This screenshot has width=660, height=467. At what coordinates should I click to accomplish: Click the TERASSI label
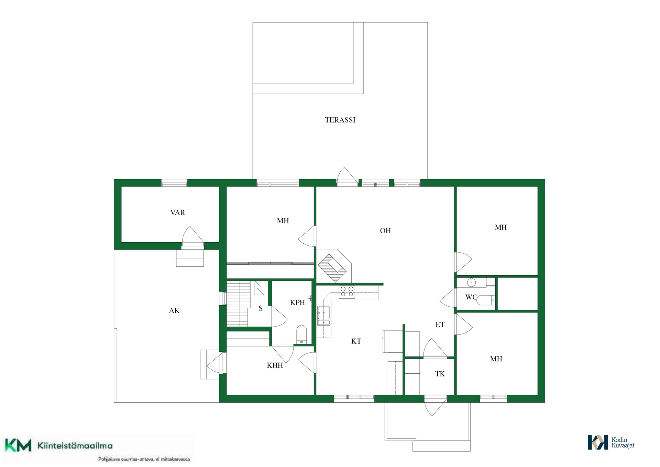point(340,120)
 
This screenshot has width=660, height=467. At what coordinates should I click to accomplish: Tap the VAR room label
point(177,213)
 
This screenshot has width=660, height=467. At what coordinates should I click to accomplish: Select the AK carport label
point(174,311)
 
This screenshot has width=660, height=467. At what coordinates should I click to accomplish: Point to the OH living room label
point(385,231)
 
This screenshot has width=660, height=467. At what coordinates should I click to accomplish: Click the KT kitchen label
point(356,341)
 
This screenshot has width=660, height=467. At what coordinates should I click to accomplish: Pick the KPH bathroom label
point(297,303)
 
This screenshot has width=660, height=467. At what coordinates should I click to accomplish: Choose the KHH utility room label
point(275,365)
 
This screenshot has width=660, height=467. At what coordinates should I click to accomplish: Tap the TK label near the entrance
point(440,374)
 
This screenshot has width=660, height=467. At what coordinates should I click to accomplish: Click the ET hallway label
point(440,325)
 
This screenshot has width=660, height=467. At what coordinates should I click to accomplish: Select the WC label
point(471,297)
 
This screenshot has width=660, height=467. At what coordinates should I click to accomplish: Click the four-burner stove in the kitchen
point(347,292)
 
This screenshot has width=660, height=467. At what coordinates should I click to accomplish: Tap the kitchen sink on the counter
point(323,316)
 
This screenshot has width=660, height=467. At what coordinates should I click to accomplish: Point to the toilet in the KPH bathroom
point(301,334)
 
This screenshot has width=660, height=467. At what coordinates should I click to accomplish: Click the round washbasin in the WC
point(471,283)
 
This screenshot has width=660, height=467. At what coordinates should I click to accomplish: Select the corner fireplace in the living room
point(333,266)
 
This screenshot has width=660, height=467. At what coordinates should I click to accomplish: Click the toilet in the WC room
point(486,300)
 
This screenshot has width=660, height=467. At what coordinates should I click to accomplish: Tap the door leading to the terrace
point(347,177)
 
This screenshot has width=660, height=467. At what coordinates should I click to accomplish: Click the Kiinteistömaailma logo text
point(75,446)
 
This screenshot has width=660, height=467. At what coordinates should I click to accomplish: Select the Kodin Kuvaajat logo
point(611,443)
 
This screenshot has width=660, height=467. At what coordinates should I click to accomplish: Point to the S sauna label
point(261,308)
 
